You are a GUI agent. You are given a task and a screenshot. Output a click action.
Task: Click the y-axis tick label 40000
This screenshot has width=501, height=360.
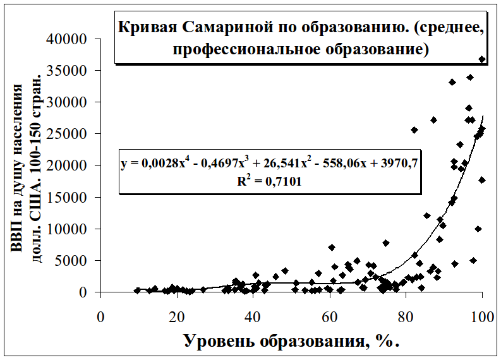click(68, 39)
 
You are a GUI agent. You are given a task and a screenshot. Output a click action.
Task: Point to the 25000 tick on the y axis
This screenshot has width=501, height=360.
click(68, 134)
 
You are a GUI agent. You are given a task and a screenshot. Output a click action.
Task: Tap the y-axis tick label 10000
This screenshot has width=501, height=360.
click(68, 229)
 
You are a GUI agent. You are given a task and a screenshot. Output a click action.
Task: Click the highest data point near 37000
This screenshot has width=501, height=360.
click(482, 59)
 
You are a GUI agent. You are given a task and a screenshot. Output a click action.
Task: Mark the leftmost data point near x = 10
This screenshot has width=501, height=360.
click(137, 291)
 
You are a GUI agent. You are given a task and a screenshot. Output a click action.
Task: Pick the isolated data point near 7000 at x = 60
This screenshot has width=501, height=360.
click(332, 248)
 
